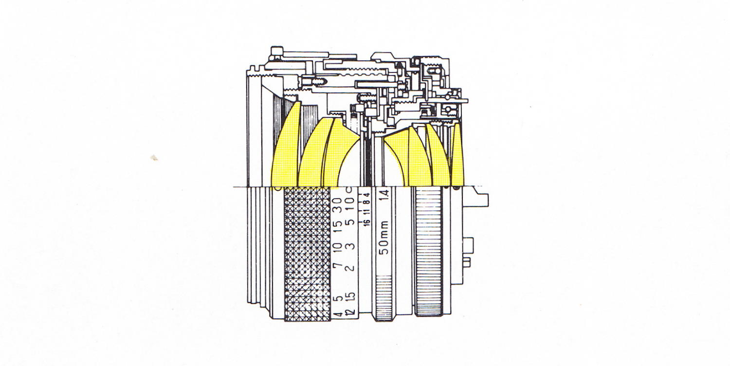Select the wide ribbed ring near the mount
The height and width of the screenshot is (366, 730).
point(429,253)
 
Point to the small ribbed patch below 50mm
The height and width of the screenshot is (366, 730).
point(384,297)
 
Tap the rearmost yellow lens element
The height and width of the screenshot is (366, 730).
point(457,156)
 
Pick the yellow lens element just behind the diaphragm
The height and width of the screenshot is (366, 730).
point(397,158)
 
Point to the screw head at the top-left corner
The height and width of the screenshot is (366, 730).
point(276,50)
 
